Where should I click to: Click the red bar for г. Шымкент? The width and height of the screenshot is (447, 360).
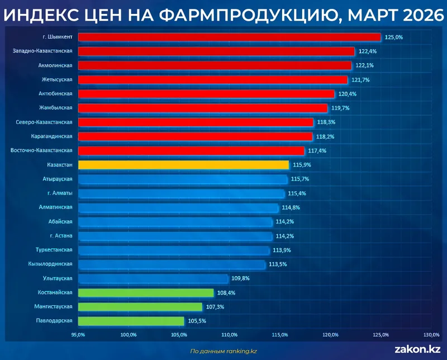click(x=229, y=37)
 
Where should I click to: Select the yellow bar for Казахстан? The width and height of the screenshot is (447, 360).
click(x=183, y=165)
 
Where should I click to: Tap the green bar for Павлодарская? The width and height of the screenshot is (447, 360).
click(x=131, y=321)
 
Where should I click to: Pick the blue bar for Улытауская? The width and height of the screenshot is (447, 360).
click(x=153, y=278)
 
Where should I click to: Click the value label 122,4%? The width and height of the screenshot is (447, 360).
click(x=367, y=51)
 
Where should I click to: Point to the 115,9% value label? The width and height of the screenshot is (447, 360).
click(x=301, y=165)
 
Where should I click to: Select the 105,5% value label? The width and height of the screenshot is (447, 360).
click(x=196, y=321)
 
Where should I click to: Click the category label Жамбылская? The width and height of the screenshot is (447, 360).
click(x=56, y=108)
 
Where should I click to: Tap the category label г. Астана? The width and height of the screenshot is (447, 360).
click(x=60, y=236)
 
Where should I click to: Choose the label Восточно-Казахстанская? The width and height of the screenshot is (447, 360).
click(x=42, y=150)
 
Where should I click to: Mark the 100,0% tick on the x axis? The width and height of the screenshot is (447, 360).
click(x=129, y=335)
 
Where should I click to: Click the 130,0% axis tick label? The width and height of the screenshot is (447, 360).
click(x=431, y=335)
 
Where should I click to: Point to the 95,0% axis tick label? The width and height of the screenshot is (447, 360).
click(x=78, y=335)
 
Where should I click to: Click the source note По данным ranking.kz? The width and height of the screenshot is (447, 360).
click(x=223, y=351)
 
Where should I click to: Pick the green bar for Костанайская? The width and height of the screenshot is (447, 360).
click(x=146, y=293)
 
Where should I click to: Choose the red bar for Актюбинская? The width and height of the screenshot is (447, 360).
click(x=206, y=94)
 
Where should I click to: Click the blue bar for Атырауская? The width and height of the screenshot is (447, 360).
click(x=183, y=179)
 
